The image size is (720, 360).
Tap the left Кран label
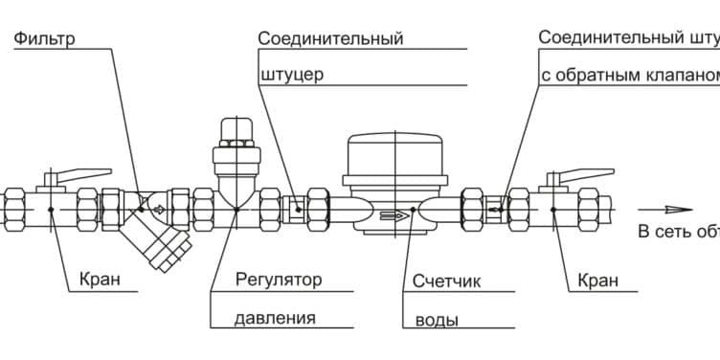pyautogui.click(x=101, y=281)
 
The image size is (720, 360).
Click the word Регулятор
pyautogui.click(x=278, y=281)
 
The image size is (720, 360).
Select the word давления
pyautogui.click(x=275, y=318)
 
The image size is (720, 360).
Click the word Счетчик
pyautogui.click(x=446, y=281)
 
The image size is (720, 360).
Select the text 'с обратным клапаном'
pyautogui.click(x=627, y=74)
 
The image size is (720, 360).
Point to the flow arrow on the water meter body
pyautogui.click(x=392, y=215)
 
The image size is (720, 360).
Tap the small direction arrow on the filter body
pyautogui.click(x=157, y=203)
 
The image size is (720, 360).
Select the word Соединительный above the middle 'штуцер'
pyautogui.click(x=330, y=39)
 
